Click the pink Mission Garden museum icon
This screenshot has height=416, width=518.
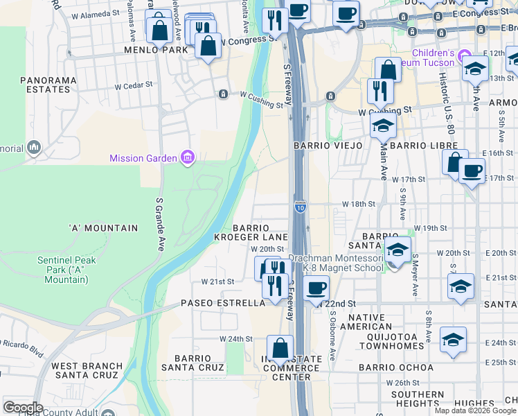click(186, 159)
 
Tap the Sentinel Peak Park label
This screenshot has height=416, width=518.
click(62, 270)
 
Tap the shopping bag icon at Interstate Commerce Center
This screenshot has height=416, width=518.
click(280, 348)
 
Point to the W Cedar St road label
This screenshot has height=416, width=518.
click(132, 87)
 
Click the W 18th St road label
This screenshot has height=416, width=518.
click(358, 205)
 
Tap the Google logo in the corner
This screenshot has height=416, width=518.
click(24, 408)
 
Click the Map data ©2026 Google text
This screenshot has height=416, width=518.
click(475, 410)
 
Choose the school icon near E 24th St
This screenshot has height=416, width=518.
click(452, 339)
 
